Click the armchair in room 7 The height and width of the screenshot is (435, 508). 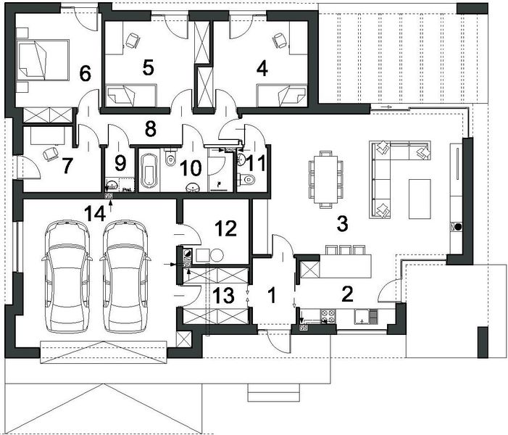[x=49, y=154]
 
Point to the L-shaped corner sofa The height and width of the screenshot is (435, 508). [x=388, y=170]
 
